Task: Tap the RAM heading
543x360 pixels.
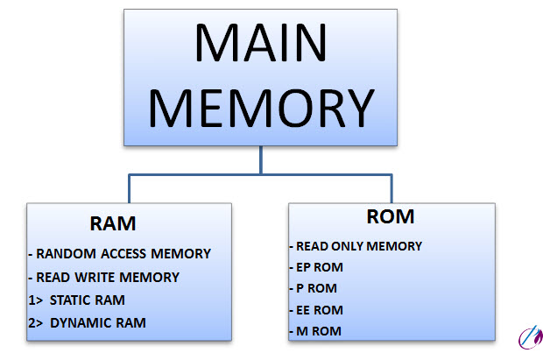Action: tap(113, 224)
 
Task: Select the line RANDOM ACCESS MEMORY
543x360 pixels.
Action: tap(120, 254)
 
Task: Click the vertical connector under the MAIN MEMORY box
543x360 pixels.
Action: tap(260, 159)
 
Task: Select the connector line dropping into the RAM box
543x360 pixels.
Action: tap(130, 188)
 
